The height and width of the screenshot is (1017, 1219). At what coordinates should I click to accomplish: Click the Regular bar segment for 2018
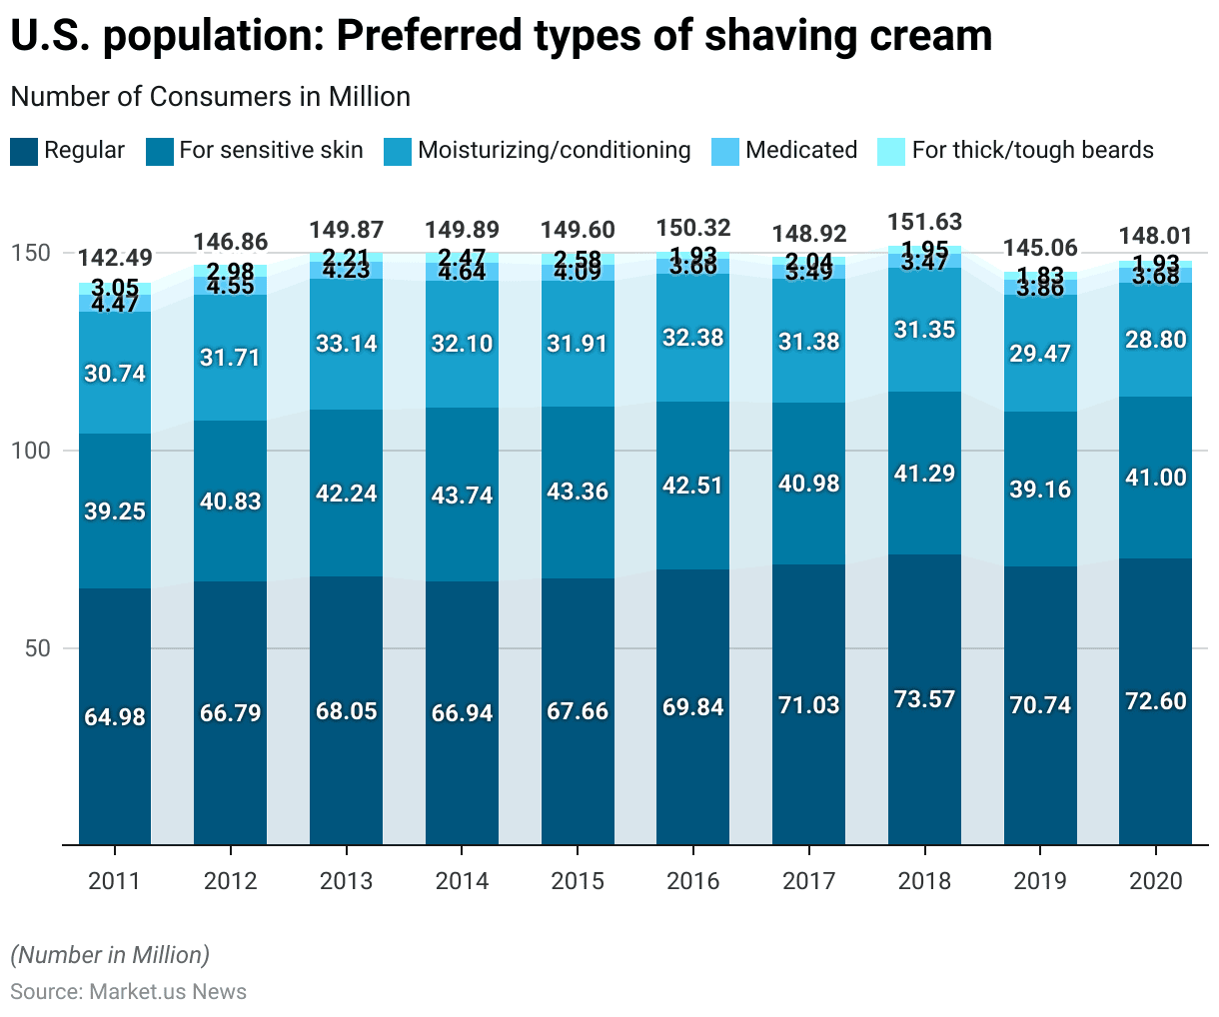pyautogui.click(x=924, y=699)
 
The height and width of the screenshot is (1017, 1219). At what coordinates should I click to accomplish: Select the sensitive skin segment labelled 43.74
pyautogui.click(x=462, y=495)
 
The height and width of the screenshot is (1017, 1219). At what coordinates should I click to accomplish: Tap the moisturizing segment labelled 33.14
pyautogui.click(x=346, y=344)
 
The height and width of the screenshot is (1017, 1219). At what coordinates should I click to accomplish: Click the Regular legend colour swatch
pyautogui.click(x=24, y=152)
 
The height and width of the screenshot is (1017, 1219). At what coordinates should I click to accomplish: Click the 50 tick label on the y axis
pyautogui.click(x=37, y=648)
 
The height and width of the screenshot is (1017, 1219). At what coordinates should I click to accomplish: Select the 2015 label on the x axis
pyautogui.click(x=578, y=881)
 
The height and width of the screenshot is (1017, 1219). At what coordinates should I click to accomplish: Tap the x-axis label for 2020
pyautogui.click(x=1155, y=881)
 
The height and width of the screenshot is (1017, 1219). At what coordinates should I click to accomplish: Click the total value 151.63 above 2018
pyautogui.click(x=924, y=222)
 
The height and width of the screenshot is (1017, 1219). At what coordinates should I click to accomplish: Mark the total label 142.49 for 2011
pyautogui.click(x=115, y=258)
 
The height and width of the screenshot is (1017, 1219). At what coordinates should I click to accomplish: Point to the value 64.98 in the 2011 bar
pyautogui.click(x=115, y=717)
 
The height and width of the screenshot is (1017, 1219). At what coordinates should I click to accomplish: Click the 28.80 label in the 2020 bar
pyautogui.click(x=1155, y=340)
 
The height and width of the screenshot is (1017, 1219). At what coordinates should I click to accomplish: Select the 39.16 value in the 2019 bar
pyautogui.click(x=1040, y=489)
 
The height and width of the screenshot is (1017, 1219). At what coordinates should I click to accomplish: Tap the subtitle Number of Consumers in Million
pyautogui.click(x=210, y=97)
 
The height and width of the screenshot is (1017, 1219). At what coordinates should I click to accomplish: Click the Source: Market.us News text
pyautogui.click(x=128, y=991)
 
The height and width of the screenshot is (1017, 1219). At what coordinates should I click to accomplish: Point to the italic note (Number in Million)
pyautogui.click(x=110, y=955)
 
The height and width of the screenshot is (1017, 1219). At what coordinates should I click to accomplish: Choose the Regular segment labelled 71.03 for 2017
pyautogui.click(x=809, y=705)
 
